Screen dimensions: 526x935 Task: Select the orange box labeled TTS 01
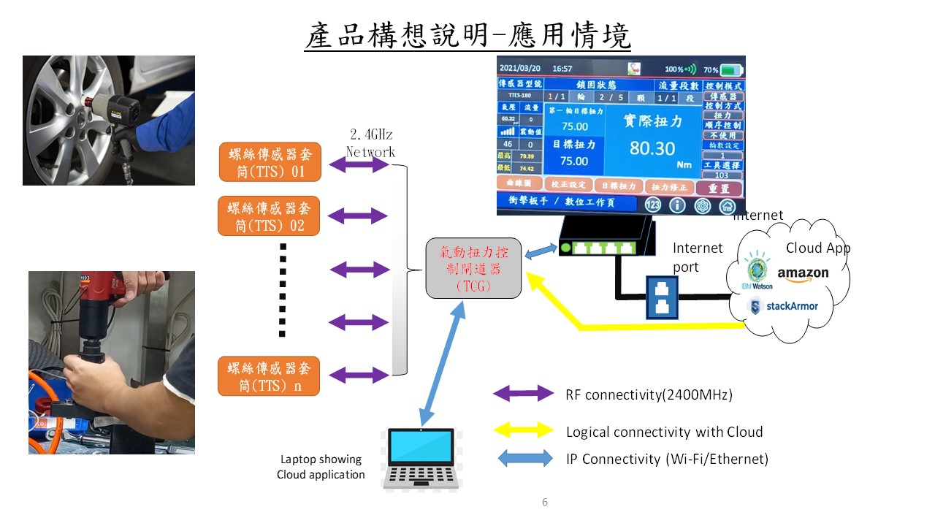click(x=270, y=162)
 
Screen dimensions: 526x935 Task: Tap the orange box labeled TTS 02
click(x=270, y=216)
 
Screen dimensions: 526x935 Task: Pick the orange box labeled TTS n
click(x=270, y=376)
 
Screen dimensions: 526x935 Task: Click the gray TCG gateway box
click(x=473, y=268)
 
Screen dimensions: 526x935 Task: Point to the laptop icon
click(x=418, y=458)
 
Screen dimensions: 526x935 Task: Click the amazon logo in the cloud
click(x=803, y=273)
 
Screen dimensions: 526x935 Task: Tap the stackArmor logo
click(x=784, y=305)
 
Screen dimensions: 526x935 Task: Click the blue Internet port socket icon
click(x=663, y=296)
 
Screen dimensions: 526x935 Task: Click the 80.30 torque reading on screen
click(x=652, y=148)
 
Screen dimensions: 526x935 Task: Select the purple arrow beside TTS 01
click(x=359, y=165)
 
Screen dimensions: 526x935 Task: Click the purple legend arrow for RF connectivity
click(x=524, y=394)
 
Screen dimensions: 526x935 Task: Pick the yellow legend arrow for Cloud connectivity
click(x=524, y=430)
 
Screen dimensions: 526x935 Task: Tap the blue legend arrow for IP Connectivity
click(x=524, y=459)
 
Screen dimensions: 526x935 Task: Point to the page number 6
click(x=545, y=502)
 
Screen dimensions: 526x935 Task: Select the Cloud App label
click(x=817, y=248)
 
